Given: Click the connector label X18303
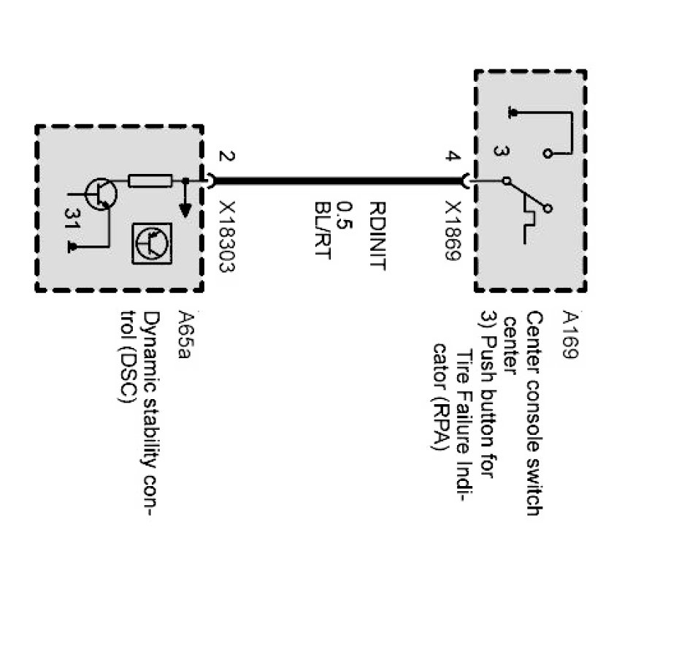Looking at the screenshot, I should tap(226, 235).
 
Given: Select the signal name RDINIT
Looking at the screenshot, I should tap(377, 235).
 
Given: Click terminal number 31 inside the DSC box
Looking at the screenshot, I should tap(71, 219).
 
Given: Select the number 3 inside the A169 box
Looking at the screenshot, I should tap(499, 151).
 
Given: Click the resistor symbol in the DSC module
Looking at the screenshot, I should tap(150, 181).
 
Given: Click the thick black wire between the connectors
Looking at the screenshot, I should tap(339, 181).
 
